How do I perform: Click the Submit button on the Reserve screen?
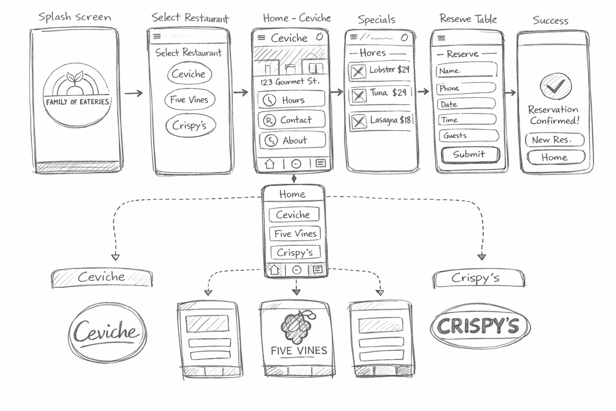(x=470, y=155)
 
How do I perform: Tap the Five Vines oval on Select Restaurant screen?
(x=189, y=100)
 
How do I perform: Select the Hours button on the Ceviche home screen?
(x=291, y=100)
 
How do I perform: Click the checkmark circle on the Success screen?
(x=555, y=86)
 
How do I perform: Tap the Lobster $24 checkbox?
(x=358, y=71)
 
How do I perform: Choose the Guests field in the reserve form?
(x=468, y=136)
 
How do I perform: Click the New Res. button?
(x=555, y=140)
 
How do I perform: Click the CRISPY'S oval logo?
(x=480, y=326)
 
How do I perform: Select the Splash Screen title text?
(x=75, y=17)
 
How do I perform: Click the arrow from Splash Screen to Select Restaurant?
(x=134, y=94)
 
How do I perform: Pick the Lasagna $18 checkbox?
(x=359, y=121)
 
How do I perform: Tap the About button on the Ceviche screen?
(x=292, y=140)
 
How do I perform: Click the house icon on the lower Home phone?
(x=274, y=270)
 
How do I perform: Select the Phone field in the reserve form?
(x=466, y=88)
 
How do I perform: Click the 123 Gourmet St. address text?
(x=290, y=82)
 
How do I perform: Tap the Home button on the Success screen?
(x=555, y=157)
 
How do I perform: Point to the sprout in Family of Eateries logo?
(x=75, y=77)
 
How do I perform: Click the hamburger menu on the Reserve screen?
(x=442, y=38)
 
